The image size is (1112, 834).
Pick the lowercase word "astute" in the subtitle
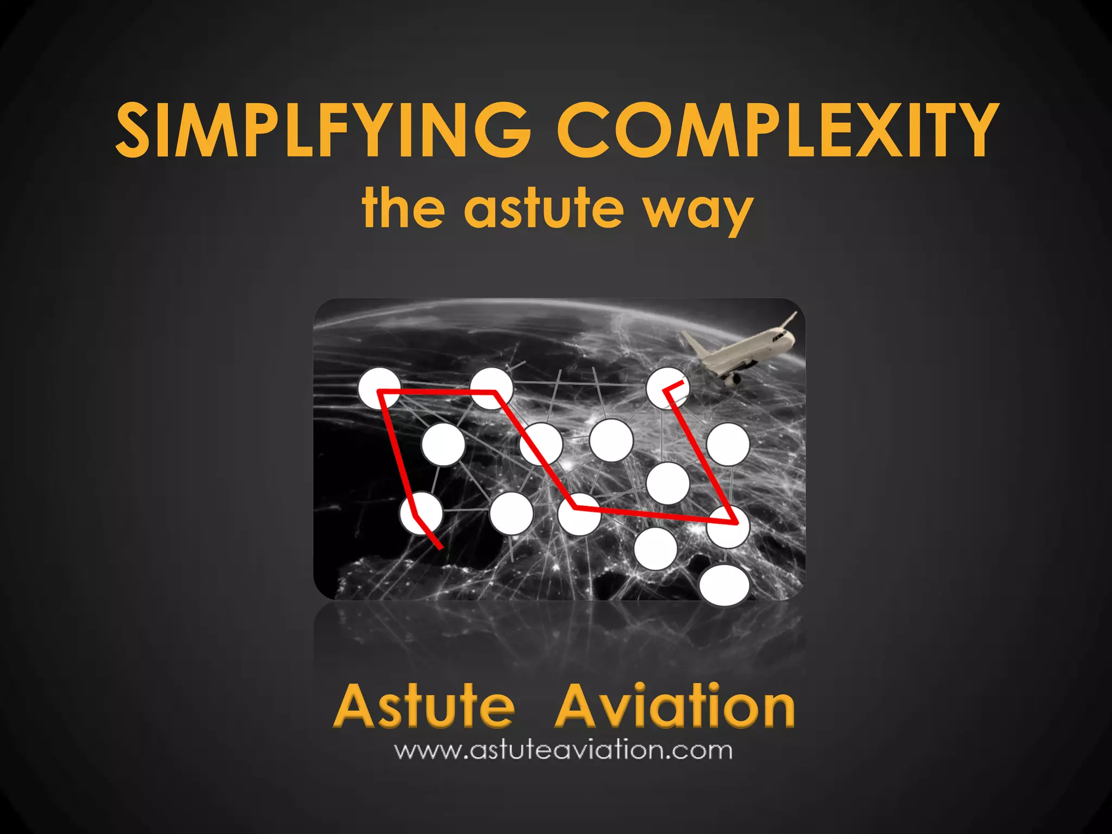(x=544, y=207)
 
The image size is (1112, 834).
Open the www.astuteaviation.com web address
(x=563, y=750)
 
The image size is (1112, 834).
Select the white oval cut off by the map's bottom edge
(x=724, y=585)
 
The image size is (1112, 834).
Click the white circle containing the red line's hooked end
(x=667, y=388)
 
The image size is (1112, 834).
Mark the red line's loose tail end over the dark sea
(x=439, y=546)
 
